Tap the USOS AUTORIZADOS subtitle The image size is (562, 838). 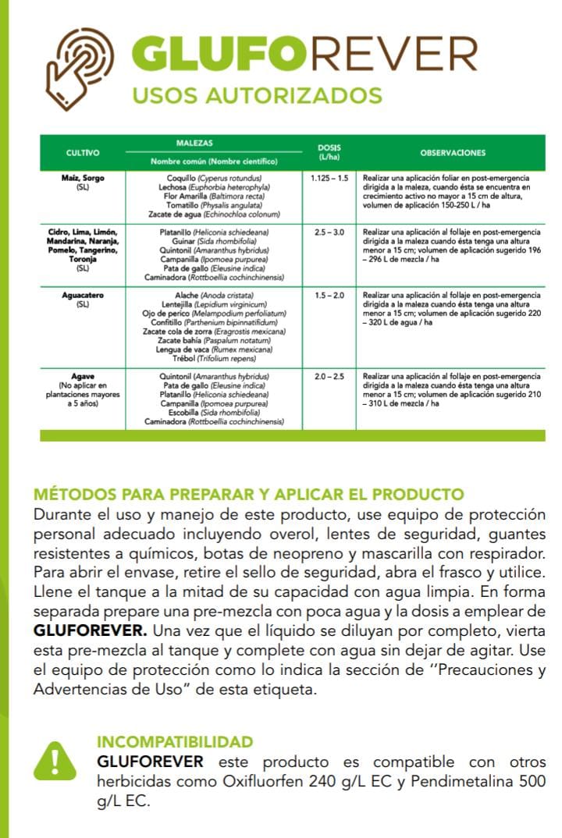click(x=257, y=95)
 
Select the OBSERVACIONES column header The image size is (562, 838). click(x=453, y=153)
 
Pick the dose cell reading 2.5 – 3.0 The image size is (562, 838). click(x=329, y=233)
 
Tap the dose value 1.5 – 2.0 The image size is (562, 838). click(x=329, y=296)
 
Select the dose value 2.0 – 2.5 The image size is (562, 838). click(x=329, y=376)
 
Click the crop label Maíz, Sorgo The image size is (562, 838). click(x=83, y=178)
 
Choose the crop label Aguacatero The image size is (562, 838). click(x=83, y=296)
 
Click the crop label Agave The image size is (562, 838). click(x=83, y=376)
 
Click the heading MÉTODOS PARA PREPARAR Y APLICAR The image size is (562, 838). click(x=248, y=495)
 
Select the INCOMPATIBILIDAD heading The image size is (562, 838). click(x=175, y=741)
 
